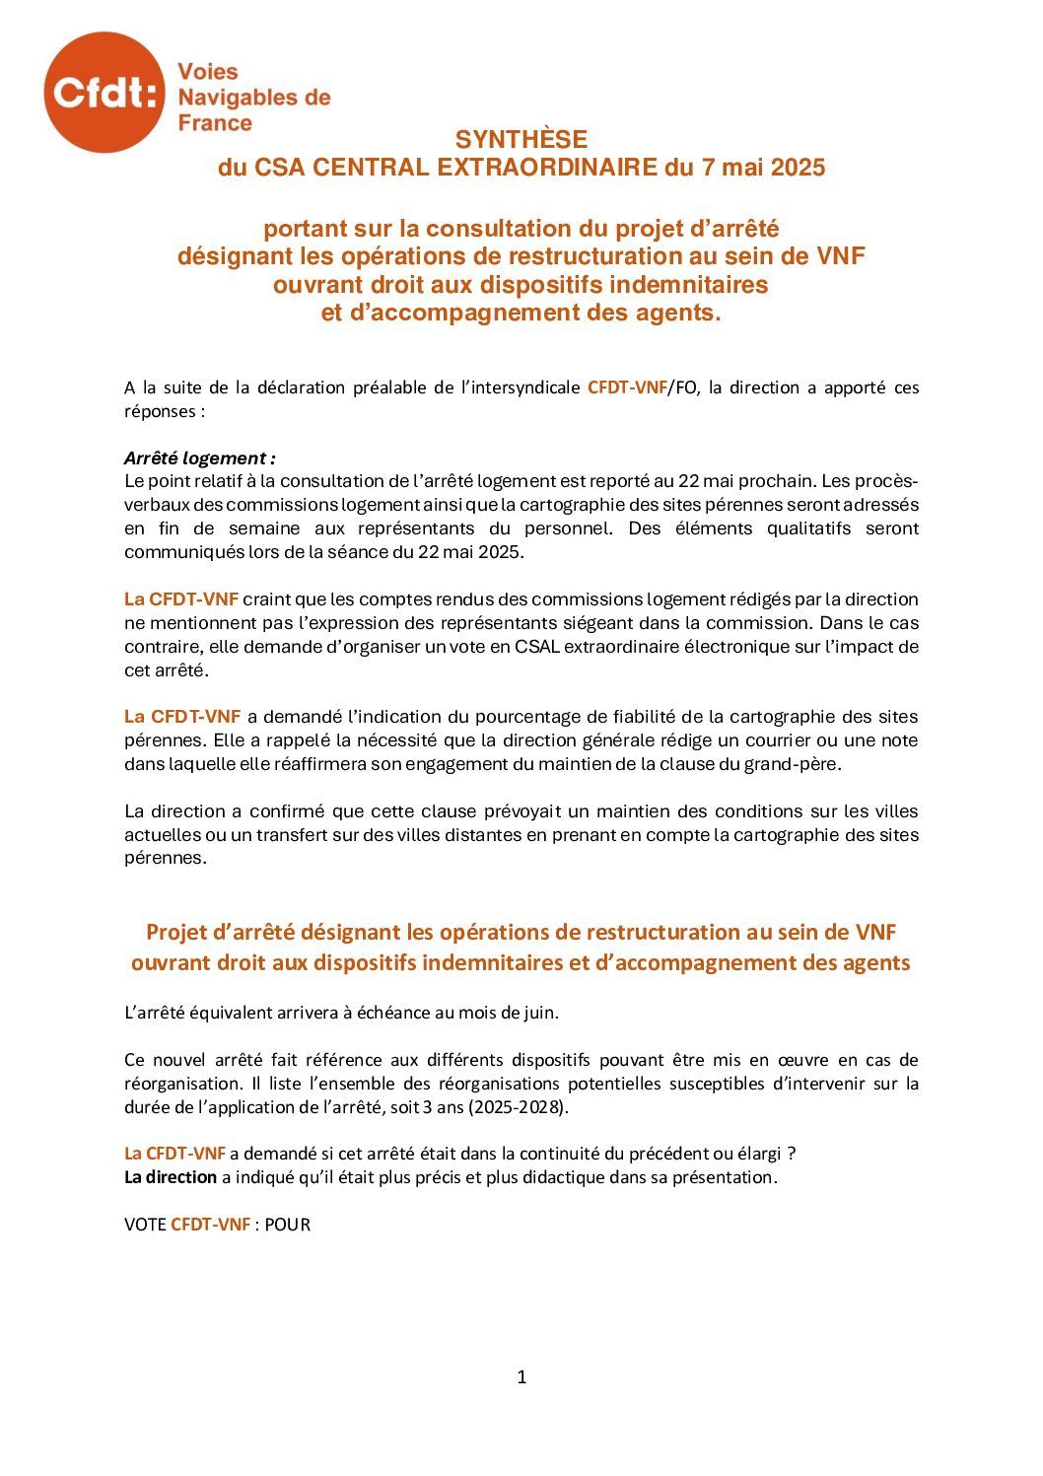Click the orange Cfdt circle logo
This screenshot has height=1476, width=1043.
click(104, 93)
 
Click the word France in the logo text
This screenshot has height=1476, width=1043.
click(215, 123)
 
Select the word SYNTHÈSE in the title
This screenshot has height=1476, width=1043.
click(521, 140)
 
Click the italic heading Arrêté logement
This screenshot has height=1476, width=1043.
click(199, 458)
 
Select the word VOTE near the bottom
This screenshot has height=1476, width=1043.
click(145, 1225)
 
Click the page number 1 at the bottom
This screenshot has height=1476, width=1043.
click(521, 1377)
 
